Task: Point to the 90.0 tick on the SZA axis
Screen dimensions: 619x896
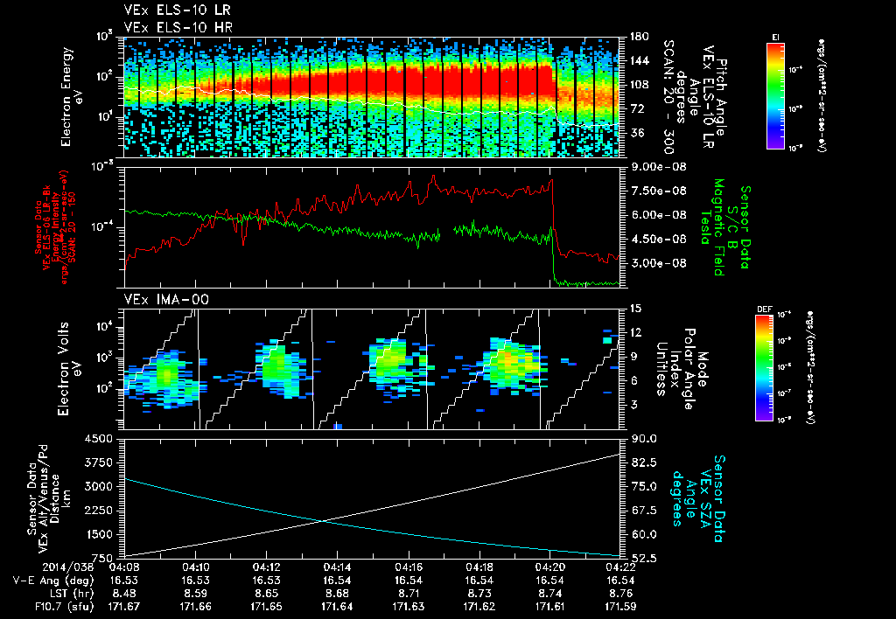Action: (640, 439)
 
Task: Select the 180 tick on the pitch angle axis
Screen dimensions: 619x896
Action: (637, 37)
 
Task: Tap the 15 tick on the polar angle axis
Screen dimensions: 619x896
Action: (635, 308)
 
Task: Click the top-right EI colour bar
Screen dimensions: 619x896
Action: (774, 94)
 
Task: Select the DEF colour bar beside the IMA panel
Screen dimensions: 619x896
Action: (764, 367)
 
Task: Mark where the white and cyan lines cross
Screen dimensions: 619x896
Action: (324, 521)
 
